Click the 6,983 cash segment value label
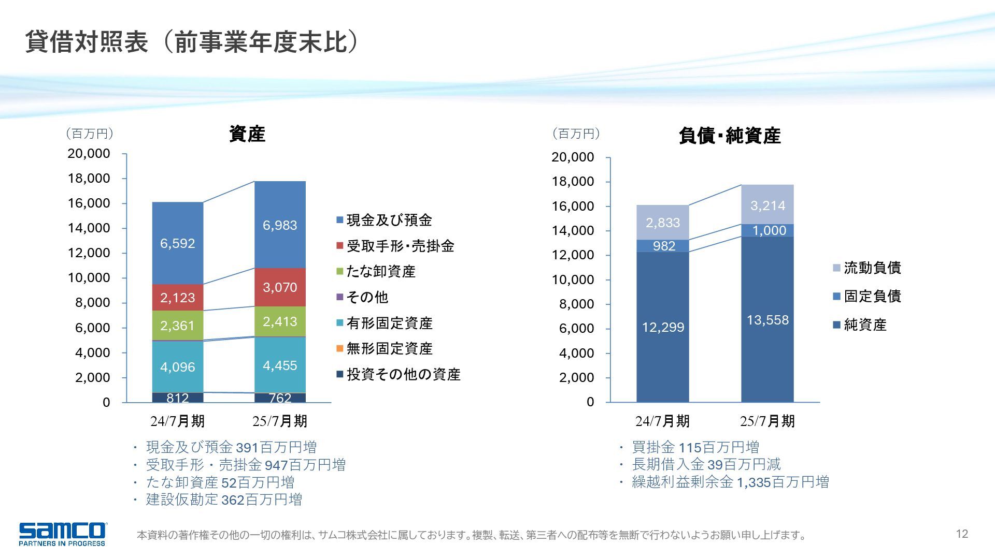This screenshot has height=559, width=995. coord(280,225)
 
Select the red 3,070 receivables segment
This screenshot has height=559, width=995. coord(280,287)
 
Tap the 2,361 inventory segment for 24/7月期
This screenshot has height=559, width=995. coord(177,326)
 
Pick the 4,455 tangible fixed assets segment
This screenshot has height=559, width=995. coord(280,365)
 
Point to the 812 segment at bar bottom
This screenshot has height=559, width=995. coord(177,398)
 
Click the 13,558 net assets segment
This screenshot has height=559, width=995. coord(767,320)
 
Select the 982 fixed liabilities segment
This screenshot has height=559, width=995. coord(663,246)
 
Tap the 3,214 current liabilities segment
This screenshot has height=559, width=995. coord(767,205)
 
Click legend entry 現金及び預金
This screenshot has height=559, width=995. coord(389,220)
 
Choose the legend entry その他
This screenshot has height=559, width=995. coord(367,297)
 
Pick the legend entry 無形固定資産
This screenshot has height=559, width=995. coord(389,349)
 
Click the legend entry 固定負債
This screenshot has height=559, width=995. coord(872,296)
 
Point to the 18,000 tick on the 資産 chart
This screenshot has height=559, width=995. coord(89,179)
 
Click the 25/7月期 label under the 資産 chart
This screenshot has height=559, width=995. coord(280,421)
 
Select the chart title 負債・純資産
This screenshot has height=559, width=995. coord(729,136)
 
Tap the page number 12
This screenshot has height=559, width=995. coord(962,534)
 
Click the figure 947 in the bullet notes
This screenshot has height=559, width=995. coord(276,465)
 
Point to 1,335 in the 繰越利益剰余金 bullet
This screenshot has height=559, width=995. coord(754,482)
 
